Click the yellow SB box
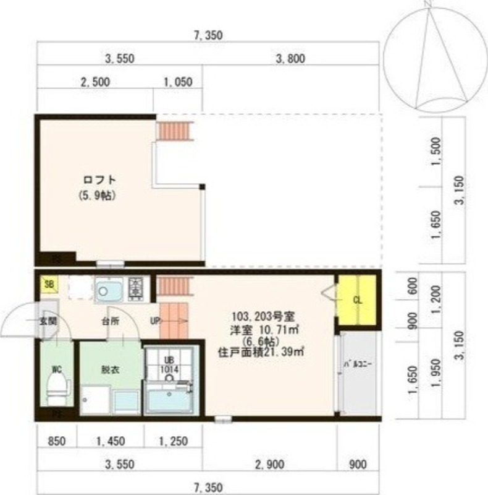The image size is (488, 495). tap(47, 285)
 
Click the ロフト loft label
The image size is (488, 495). tap(99, 180)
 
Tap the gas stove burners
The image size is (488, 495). tap(135, 287)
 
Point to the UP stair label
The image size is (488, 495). tap(155, 321)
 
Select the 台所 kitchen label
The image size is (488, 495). tap(111, 321)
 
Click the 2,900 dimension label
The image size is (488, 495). tap(272, 463)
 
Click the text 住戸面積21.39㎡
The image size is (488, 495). tap(263, 353)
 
